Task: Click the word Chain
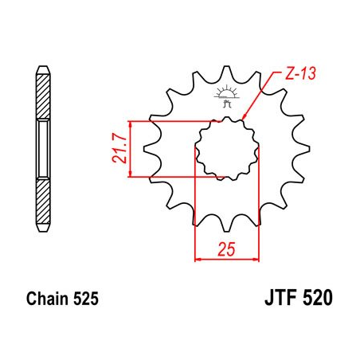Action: point(45,300)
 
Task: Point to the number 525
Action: point(86,300)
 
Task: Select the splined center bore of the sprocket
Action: point(226,147)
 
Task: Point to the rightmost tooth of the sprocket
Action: point(300,147)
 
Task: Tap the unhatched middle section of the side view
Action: point(43,149)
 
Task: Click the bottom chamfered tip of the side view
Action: point(43,232)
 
